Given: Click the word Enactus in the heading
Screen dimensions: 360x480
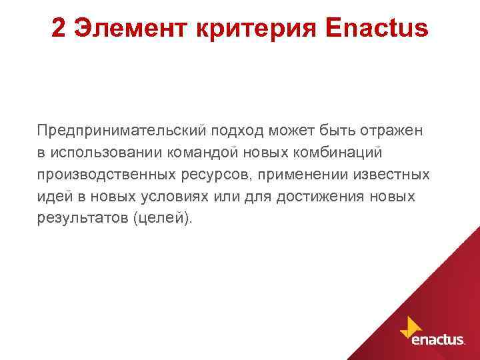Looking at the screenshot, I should (376, 27).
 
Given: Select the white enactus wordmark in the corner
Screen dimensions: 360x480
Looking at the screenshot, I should (437, 339).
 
